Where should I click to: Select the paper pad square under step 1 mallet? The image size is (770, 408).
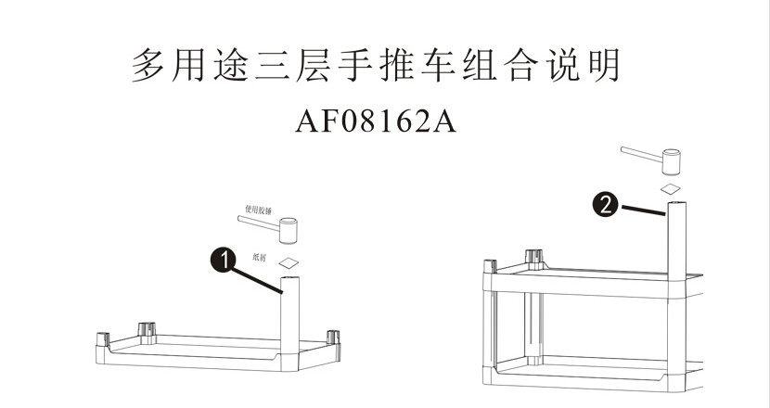pos(290,263)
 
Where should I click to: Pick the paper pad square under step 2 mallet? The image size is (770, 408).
pos(671,189)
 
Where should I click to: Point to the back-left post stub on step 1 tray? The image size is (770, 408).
pos(148,329)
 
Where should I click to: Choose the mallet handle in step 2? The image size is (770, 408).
pos(639,154)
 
